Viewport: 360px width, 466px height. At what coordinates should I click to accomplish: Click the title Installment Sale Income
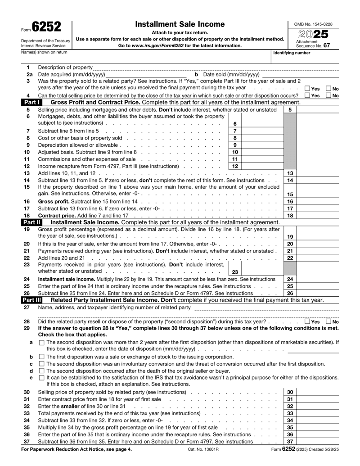click(180, 24)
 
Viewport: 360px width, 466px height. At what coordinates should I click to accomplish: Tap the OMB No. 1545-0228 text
click(314, 24)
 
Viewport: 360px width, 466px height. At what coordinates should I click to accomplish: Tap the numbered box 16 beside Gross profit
click(290, 201)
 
